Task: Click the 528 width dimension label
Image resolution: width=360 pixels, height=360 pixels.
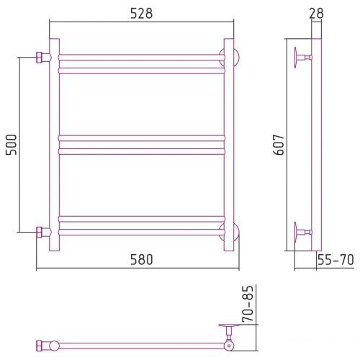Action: point(141,14)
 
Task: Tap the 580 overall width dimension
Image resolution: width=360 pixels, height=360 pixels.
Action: point(141,260)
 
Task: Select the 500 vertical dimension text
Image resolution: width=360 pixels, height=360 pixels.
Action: point(12,145)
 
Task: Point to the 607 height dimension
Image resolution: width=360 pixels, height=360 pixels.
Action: point(279,145)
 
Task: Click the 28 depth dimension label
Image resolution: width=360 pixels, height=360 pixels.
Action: point(316,14)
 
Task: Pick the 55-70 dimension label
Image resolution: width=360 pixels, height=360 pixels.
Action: point(336,260)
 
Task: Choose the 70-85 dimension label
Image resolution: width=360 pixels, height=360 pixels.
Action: point(248,304)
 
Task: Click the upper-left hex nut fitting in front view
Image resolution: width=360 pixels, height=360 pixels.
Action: point(39,58)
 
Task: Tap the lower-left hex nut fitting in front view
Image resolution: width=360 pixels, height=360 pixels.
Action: point(39,232)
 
